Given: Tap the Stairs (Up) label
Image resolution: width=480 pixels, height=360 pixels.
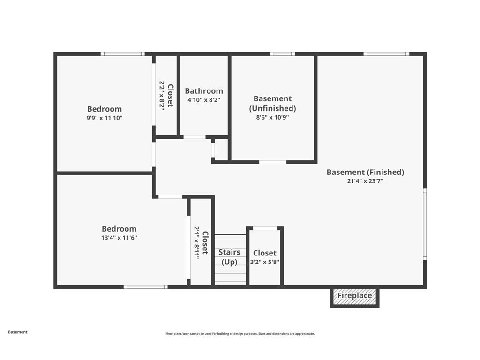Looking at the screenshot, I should click(x=230, y=257).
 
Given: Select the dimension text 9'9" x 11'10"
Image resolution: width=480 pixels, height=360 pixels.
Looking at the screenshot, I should click(x=105, y=118).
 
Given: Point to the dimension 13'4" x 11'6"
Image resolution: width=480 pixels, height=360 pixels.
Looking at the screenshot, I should click(x=119, y=238).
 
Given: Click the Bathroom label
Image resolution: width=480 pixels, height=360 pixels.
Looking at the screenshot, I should click(x=204, y=91).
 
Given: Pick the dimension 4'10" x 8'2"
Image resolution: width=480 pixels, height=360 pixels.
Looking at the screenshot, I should click(x=204, y=100).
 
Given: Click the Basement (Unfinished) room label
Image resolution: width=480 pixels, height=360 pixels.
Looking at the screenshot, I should click(x=272, y=103).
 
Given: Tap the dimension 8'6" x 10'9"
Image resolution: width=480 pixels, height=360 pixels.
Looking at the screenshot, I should click(x=272, y=118).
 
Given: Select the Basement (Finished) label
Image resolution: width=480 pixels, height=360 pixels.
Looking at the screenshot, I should click(x=365, y=172).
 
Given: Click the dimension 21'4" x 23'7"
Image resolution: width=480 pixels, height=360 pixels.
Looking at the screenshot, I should click(x=365, y=181).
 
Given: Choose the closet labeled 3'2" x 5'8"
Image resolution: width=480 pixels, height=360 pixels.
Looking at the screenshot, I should click(x=265, y=257).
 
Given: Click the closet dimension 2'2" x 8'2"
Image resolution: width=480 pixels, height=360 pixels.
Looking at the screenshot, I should click(x=162, y=96).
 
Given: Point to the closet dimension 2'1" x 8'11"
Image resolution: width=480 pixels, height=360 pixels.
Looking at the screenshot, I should click(x=197, y=242).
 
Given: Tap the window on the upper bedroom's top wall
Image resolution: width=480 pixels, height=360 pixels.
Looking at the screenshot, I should click(x=123, y=54).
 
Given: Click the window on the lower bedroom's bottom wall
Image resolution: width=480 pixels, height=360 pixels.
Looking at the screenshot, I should click(x=145, y=287).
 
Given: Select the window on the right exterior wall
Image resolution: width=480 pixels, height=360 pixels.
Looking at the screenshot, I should click(x=425, y=224).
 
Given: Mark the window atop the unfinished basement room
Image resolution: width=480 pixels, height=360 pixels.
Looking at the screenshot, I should click(x=283, y=54).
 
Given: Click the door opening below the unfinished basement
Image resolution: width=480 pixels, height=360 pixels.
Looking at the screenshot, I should click(x=273, y=162).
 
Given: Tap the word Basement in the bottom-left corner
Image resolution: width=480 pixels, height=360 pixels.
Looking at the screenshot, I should click(x=18, y=332).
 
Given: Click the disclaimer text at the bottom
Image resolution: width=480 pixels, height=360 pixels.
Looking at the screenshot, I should click(x=240, y=334).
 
